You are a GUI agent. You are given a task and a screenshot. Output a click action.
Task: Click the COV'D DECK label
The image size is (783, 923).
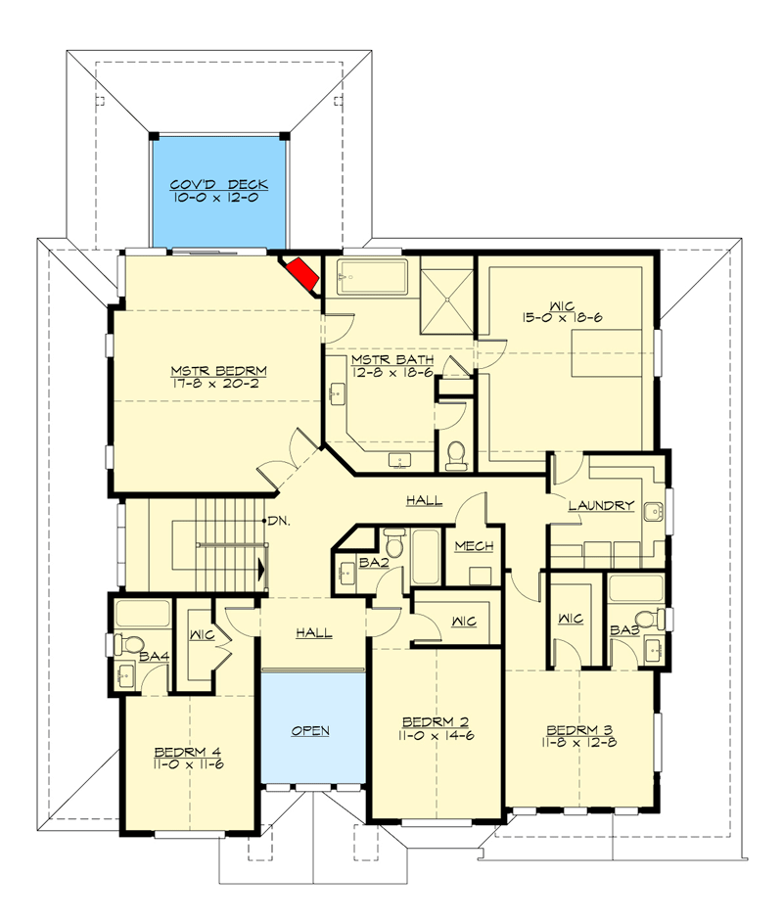point(218,184)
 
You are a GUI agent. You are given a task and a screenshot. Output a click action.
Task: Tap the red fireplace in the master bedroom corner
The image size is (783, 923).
point(305,275)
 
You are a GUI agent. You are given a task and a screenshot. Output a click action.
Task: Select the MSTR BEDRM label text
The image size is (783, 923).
point(219,371)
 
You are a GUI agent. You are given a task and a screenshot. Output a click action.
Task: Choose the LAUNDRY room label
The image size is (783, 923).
point(601,506)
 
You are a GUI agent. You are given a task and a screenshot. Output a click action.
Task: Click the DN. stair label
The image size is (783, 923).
point(278,521)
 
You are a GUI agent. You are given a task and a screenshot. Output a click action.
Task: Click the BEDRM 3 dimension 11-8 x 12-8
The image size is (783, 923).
point(580,742)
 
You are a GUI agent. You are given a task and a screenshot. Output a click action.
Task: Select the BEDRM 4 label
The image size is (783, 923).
point(188,752)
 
